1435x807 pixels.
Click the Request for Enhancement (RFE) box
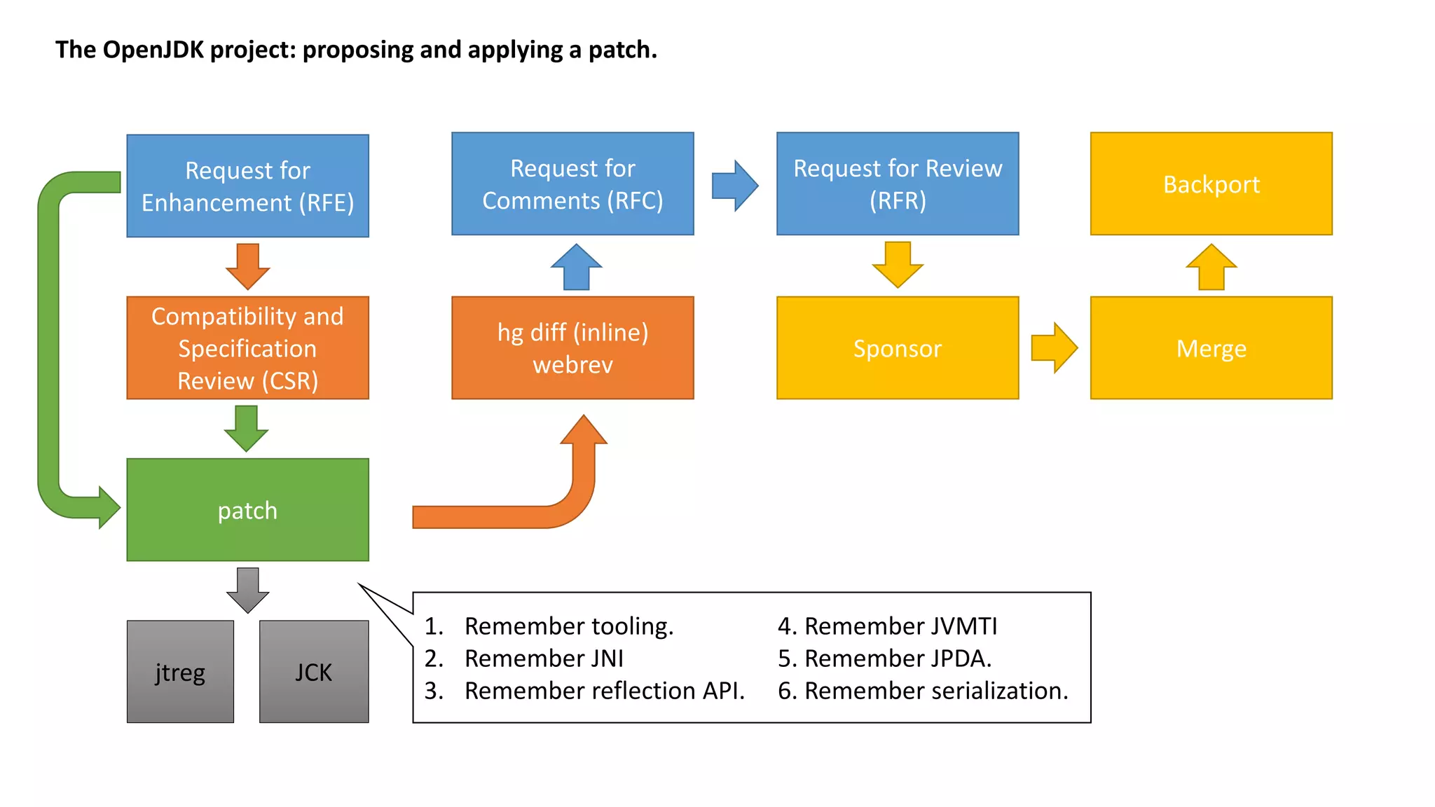pos(247,186)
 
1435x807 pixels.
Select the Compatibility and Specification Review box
pos(247,347)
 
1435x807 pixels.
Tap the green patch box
pos(247,510)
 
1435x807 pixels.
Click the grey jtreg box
pos(180,671)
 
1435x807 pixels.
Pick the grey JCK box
pos(313,671)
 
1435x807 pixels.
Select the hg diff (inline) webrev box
pos(572,347)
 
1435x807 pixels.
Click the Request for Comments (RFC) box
pos(572,184)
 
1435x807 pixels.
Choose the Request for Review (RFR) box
pos(898,184)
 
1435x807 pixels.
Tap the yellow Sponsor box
pos(898,347)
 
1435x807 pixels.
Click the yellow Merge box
pos(1211,347)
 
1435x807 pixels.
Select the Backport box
pos(1211,184)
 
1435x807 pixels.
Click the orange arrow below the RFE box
pos(247,267)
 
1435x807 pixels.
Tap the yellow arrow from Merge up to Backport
pos(1211,267)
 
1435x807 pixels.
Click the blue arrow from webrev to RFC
pos(576,267)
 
